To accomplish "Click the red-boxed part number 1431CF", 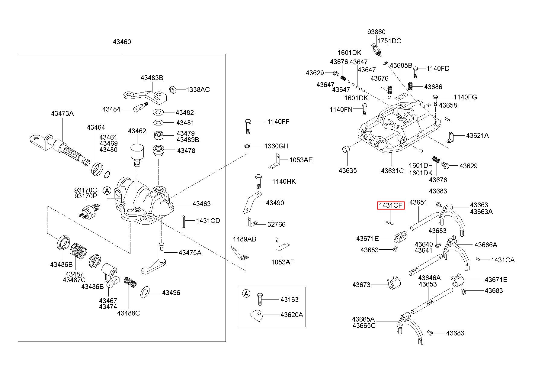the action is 391,206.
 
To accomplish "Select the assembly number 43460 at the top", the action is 122,42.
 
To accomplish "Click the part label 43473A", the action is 62,114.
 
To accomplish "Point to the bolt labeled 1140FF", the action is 247,126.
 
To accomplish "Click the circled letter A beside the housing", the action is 107,190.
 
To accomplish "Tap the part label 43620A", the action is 291,315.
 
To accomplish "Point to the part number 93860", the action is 376,32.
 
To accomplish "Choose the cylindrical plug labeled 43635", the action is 346,149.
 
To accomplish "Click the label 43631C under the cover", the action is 392,171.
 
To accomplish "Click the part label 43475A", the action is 190,253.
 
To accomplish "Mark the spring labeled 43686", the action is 411,86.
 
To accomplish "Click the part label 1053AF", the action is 282,262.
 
